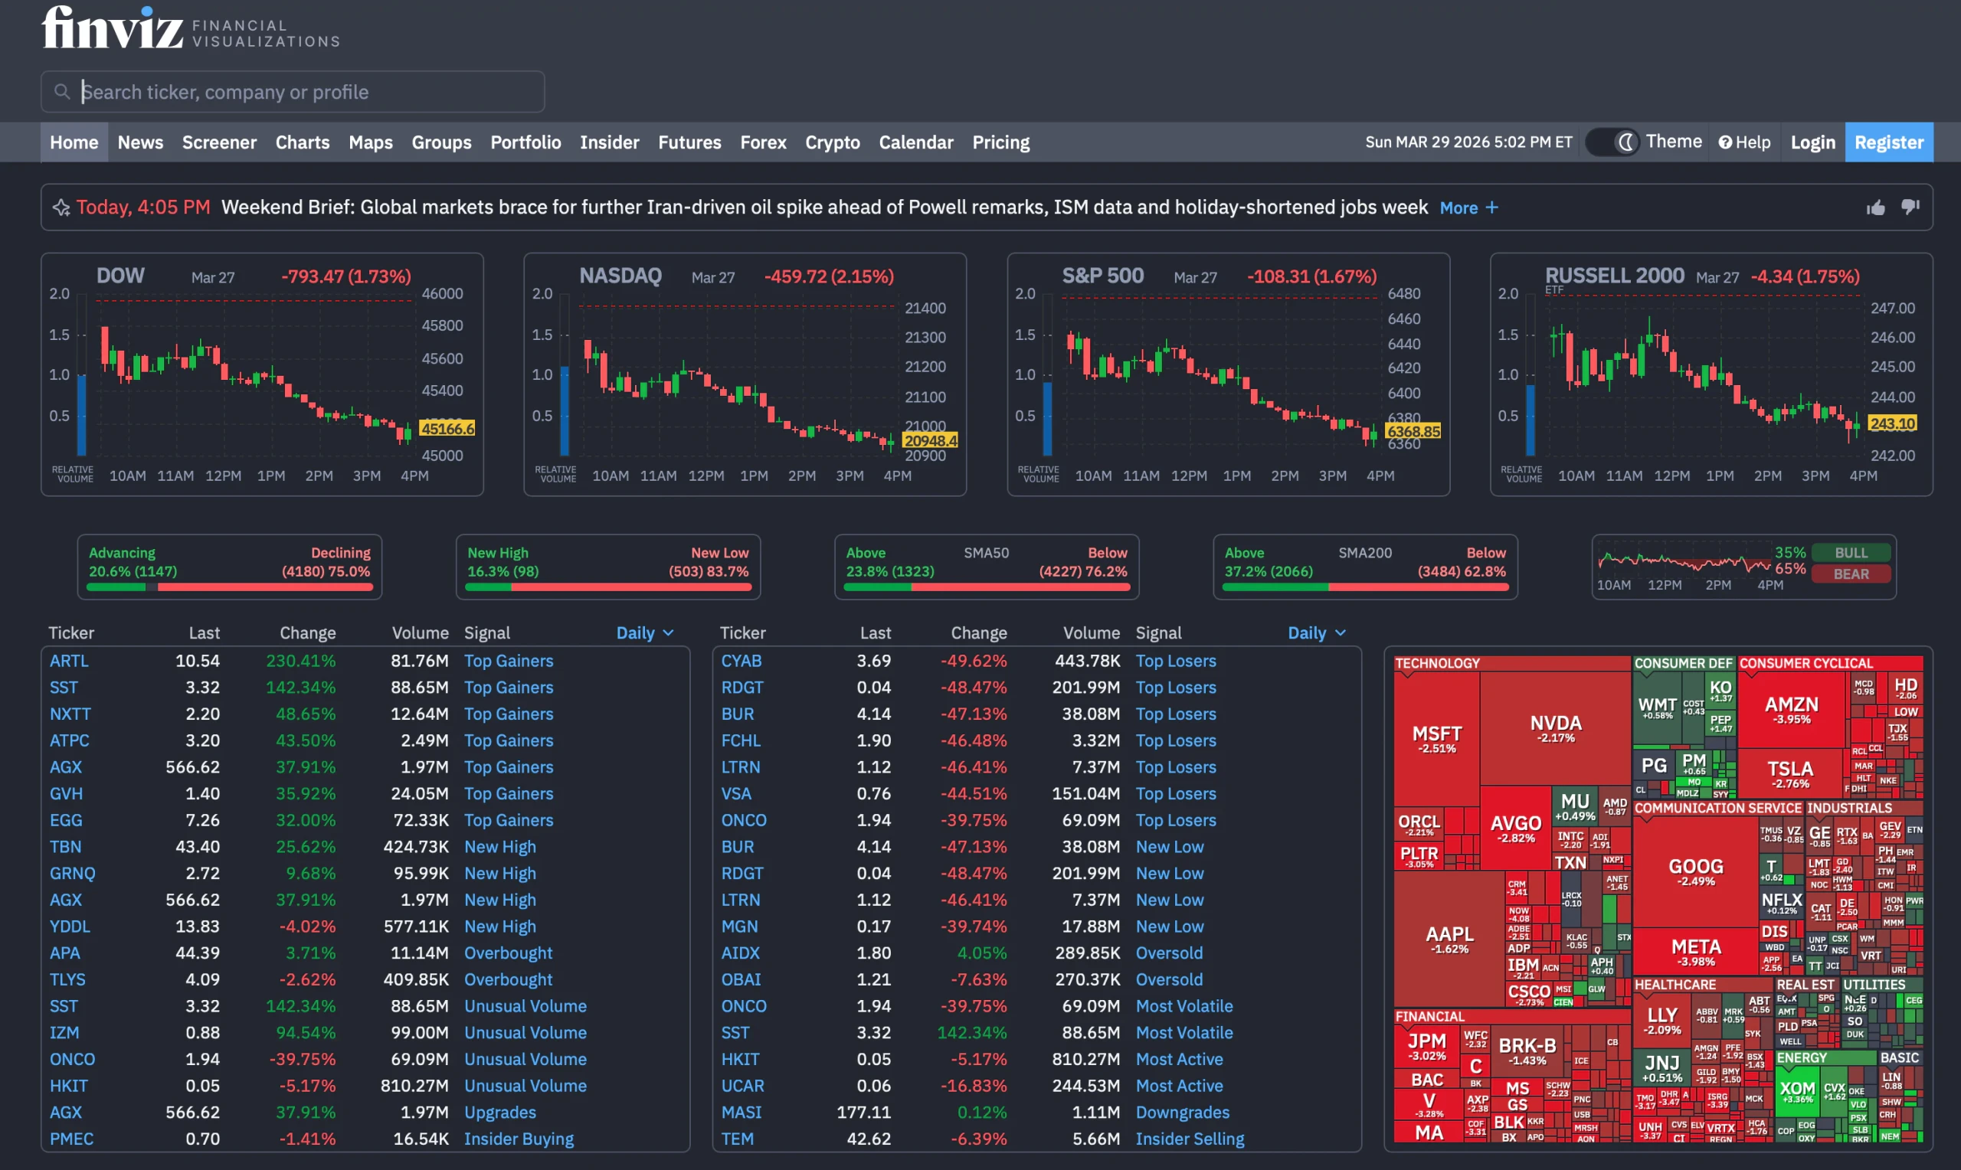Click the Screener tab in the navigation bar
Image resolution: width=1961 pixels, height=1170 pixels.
tap(219, 142)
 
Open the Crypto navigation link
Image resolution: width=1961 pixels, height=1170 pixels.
tap(832, 142)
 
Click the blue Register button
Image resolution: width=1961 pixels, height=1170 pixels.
tap(1888, 142)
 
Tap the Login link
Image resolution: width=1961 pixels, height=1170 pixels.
tap(1812, 142)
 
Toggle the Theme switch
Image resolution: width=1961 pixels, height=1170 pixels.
tap(1612, 142)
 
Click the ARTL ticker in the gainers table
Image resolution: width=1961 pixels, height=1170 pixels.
tap(69, 661)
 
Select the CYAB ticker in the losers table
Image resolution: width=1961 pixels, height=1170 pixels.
tap(742, 661)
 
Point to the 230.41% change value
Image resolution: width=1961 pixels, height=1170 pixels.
tap(300, 661)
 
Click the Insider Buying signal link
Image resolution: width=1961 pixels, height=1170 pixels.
tap(519, 1139)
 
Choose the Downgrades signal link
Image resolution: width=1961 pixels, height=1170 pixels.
tap(1182, 1112)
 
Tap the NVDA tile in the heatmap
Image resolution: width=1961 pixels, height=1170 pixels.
tap(1555, 727)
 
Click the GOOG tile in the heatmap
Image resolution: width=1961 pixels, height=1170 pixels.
tap(1695, 871)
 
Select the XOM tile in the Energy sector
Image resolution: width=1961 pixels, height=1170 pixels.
tap(1797, 1091)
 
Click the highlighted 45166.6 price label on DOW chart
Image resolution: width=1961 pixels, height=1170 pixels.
tap(447, 428)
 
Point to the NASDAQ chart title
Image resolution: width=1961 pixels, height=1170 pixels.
tap(620, 276)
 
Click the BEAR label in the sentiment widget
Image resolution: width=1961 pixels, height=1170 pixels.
tap(1851, 574)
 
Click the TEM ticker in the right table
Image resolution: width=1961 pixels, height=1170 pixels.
tap(737, 1139)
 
